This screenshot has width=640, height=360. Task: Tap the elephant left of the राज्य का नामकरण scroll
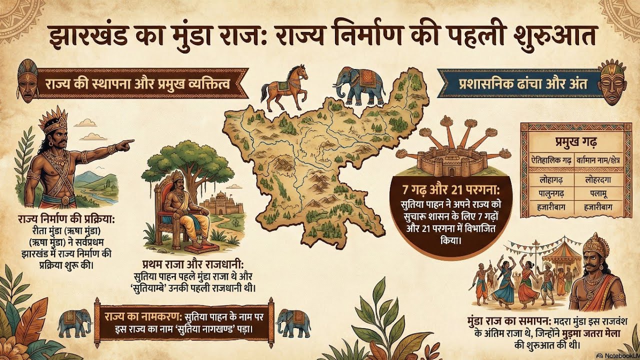click(74, 323)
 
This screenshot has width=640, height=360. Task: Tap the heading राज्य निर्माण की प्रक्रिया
click(66, 220)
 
